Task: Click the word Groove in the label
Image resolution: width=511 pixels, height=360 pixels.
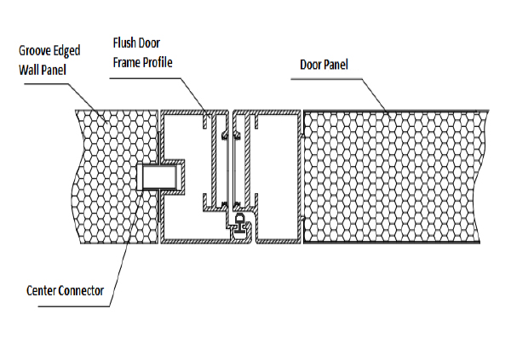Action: tap(35, 51)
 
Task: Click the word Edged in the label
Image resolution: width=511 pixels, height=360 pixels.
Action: tap(66, 51)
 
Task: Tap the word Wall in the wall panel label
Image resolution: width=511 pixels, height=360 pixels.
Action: tap(27, 70)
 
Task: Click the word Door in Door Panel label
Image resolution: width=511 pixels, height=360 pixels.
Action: tap(311, 65)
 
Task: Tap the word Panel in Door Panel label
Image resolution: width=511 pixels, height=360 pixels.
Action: tap(336, 65)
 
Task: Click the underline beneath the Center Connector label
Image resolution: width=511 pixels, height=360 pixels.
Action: tap(74, 306)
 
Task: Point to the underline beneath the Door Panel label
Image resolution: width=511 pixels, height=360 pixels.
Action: tap(326, 79)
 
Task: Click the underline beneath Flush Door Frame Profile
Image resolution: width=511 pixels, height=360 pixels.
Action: tap(145, 78)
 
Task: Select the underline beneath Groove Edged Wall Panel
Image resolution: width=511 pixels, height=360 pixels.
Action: tap(47, 83)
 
